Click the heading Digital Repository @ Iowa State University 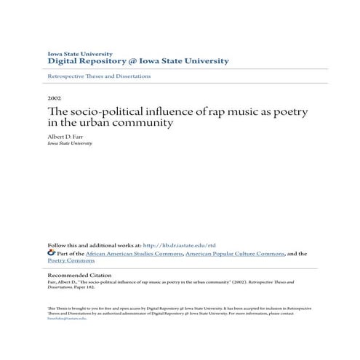coord(138,61)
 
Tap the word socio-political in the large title coord(105,110)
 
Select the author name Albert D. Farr coord(65,135)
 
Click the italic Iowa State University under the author coord(69,143)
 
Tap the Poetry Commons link coord(71,260)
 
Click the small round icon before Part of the coord(50,254)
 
